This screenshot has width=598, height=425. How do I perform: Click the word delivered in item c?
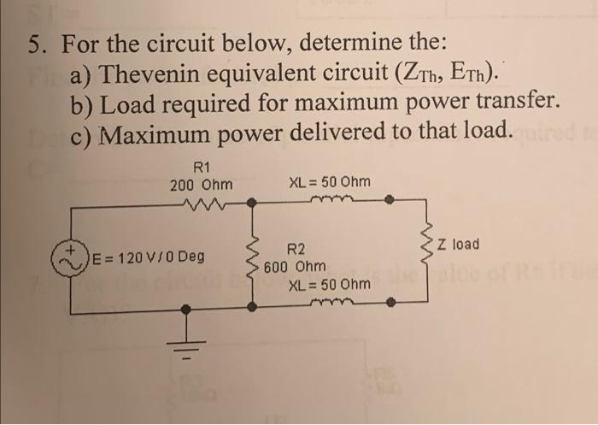coord(308,133)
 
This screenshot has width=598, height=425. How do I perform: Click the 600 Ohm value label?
coord(295,267)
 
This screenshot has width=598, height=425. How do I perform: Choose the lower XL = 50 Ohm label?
coord(329,284)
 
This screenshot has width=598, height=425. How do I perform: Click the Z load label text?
coord(458,245)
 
